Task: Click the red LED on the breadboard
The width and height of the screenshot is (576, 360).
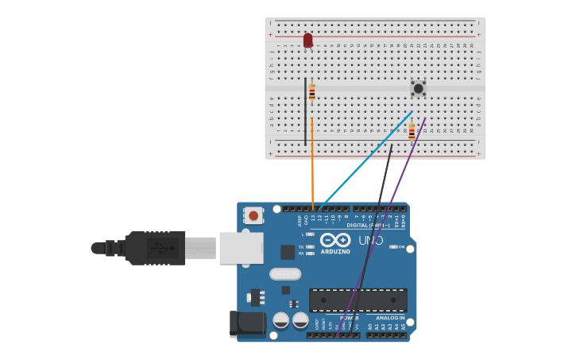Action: (x=307, y=40)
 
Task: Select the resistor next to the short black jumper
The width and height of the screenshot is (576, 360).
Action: (x=312, y=92)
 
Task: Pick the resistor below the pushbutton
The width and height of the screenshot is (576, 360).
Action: (x=412, y=131)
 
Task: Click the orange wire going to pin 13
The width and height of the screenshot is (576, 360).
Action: (x=312, y=167)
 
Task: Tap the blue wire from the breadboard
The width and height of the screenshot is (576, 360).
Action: (x=365, y=159)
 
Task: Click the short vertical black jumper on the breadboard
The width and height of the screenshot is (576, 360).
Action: (x=305, y=111)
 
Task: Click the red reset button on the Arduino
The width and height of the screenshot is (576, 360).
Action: (x=253, y=215)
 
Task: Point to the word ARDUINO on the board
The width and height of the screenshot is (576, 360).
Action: (x=335, y=252)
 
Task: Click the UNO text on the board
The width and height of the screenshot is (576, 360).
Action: (x=370, y=240)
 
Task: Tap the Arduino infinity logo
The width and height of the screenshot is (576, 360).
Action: (x=335, y=240)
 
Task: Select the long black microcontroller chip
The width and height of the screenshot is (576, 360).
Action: (x=358, y=300)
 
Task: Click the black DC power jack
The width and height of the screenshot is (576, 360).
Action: (x=247, y=323)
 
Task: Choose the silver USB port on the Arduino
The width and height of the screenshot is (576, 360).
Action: (x=241, y=248)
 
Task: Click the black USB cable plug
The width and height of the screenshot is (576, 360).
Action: (x=155, y=248)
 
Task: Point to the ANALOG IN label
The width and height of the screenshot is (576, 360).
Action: (x=390, y=318)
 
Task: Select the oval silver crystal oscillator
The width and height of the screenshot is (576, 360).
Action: (x=285, y=274)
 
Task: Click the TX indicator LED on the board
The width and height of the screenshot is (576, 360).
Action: (x=310, y=247)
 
